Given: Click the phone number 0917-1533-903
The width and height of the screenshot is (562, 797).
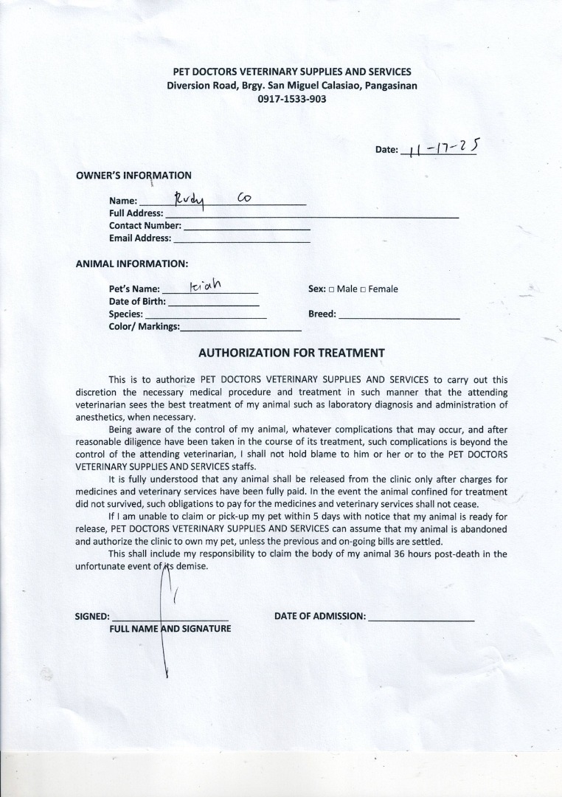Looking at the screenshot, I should pos(291,98).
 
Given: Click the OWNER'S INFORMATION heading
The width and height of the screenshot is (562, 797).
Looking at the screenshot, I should pos(133,176).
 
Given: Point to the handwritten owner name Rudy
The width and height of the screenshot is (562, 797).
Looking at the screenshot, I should pos(189,199).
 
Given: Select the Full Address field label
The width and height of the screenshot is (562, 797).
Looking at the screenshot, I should pos(136,213).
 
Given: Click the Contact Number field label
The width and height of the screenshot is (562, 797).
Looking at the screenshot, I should pos(145,225).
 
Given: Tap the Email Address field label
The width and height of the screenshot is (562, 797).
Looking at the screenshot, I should pos(139,238).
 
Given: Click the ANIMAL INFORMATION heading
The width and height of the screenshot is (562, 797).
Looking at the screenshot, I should pos(131,263).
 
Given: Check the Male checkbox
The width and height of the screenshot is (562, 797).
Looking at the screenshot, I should pos(332,289).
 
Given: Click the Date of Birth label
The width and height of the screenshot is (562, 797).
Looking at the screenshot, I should pos(137,301).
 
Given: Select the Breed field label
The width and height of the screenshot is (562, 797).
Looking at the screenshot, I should pos(322,314).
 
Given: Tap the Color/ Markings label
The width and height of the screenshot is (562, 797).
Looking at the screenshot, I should pos(144,326).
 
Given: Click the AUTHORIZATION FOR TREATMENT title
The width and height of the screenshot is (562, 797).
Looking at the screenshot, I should pos(291,353).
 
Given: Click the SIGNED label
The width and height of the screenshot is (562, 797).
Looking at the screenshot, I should pos(92,616).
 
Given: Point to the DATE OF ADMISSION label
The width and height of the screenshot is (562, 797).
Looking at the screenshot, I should pos(320,615).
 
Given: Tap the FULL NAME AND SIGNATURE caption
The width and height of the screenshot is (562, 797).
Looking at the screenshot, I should pos(170,629).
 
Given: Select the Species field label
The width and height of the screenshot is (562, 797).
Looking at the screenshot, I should pos(125,314).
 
